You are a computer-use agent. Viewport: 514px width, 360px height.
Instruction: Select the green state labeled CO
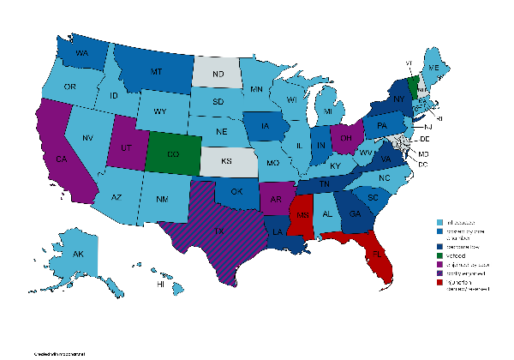pos(174,154)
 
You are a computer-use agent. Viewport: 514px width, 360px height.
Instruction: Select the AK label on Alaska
pos(78,255)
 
